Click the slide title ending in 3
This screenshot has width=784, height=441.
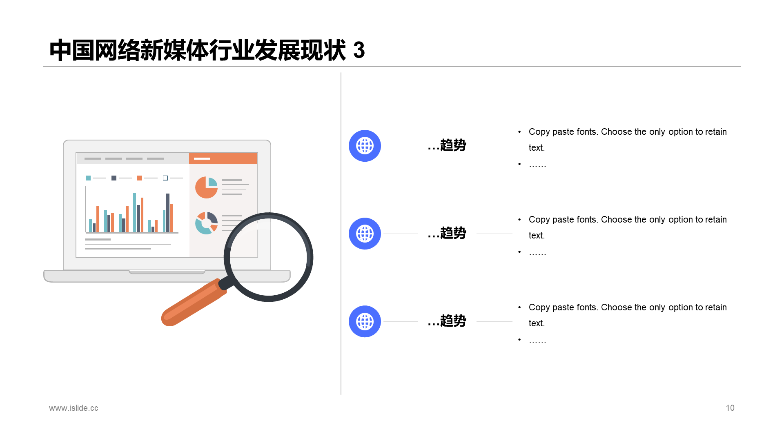point(207,50)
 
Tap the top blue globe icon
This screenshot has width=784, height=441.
point(365,146)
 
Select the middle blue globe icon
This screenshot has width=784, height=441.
point(365,234)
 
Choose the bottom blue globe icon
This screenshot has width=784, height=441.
point(365,321)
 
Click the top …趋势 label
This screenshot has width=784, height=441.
point(447,145)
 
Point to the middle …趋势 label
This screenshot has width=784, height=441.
point(447,233)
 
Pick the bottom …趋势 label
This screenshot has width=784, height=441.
point(447,321)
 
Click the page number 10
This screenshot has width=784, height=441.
point(730,408)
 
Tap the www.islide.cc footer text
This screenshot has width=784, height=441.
point(73,408)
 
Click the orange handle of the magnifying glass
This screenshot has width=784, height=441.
point(192,304)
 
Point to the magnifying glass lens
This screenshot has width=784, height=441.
point(268,257)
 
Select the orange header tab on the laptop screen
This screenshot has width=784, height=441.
point(223,158)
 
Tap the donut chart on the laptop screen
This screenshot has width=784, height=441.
point(206,223)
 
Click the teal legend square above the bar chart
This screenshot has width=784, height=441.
point(88,178)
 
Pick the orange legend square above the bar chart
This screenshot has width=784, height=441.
point(139,178)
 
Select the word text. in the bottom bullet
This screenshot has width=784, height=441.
point(537,323)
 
